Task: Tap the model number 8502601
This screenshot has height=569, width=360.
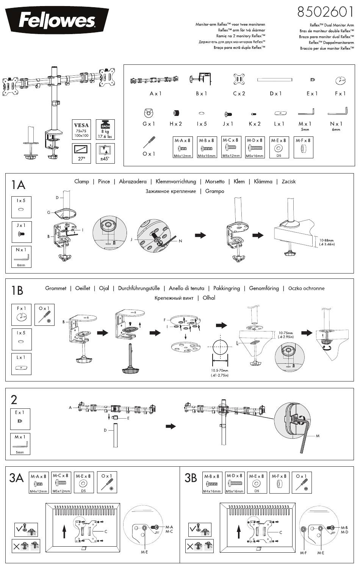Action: coord(325,13)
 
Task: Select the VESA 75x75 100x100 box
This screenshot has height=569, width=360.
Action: coord(81,130)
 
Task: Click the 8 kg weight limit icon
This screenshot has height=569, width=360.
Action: coord(103,130)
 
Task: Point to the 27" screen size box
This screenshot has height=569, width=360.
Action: coord(81,152)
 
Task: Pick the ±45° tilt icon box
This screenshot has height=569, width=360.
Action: coord(103,152)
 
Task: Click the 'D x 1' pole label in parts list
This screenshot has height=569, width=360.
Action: coord(275,93)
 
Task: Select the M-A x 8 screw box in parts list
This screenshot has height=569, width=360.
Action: coord(183,147)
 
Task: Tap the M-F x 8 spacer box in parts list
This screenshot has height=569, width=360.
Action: coord(303,147)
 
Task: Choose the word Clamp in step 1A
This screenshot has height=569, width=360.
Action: coord(81,181)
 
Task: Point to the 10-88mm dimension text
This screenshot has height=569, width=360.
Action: coord(327,242)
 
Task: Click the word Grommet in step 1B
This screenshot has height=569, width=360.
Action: coord(56,288)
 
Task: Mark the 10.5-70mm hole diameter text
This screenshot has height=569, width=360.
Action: coord(219,373)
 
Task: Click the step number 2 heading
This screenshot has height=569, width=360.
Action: coord(14,400)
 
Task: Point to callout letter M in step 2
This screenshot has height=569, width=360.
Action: coord(318,436)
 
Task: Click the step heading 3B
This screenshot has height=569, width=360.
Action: coord(191,478)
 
